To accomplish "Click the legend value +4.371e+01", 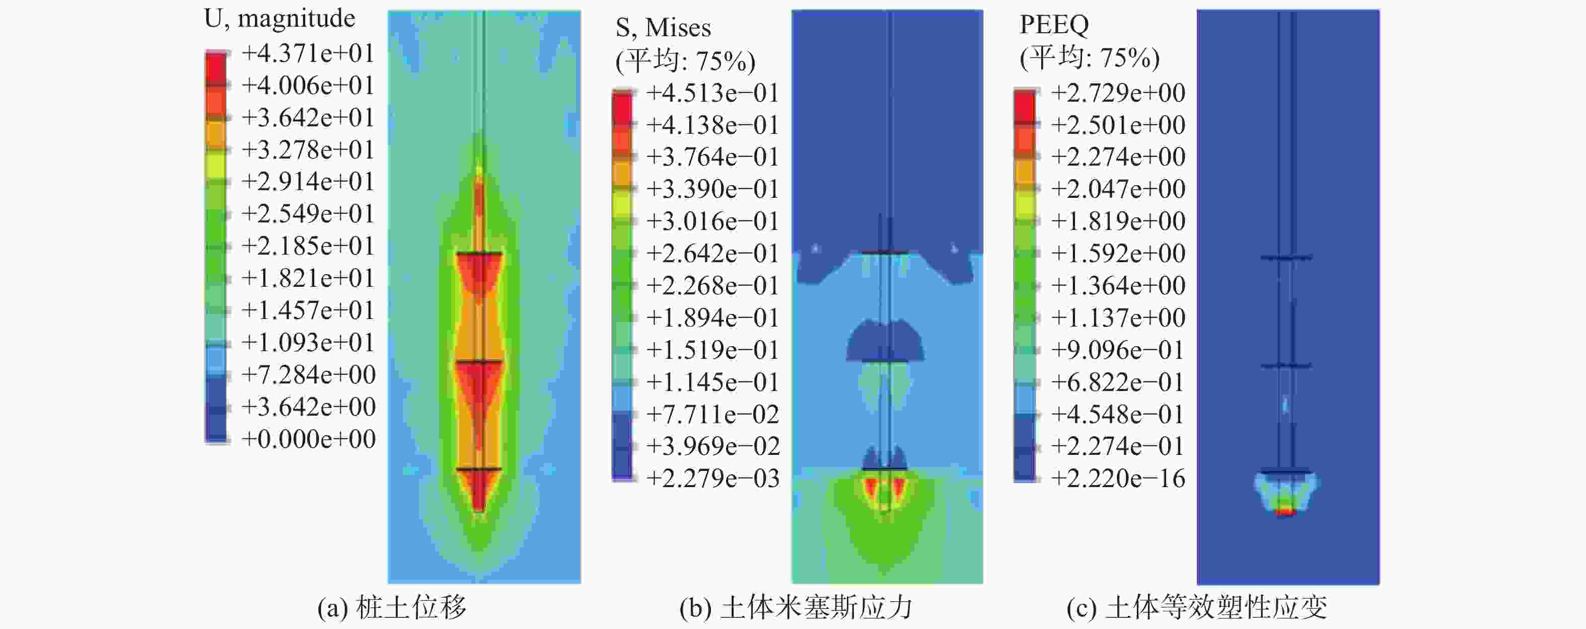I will [308, 53].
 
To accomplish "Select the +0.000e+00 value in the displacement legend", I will [308, 439].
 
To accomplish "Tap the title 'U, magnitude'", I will [279, 19].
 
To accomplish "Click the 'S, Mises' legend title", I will [663, 28].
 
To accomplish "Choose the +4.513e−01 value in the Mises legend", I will [712, 94].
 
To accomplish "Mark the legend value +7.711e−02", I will [712, 415].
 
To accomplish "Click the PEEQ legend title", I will [1054, 25].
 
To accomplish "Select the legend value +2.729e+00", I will [1117, 94].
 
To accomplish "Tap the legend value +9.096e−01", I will [1117, 350].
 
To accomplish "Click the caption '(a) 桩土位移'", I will [392, 608].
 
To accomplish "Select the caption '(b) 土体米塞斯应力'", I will [796, 608].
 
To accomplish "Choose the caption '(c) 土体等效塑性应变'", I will [1196, 608].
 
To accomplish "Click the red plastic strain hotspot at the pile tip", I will [1285, 511].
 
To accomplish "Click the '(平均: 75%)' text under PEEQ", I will [1089, 58].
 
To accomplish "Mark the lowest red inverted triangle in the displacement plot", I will [479, 489].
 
